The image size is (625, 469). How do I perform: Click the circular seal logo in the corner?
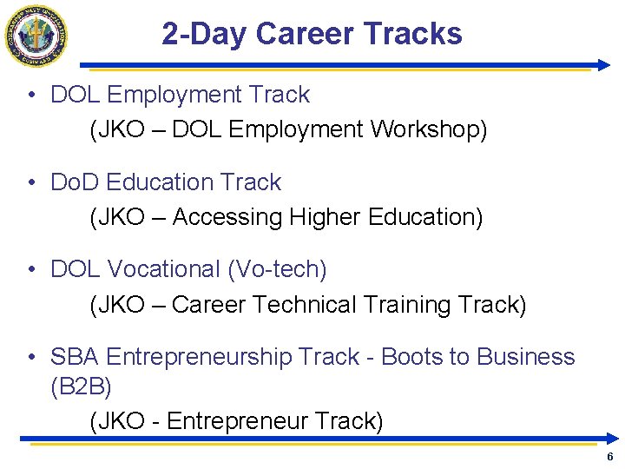click(x=36, y=36)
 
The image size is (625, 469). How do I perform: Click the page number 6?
click(x=610, y=457)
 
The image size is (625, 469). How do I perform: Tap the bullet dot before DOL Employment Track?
click(x=30, y=95)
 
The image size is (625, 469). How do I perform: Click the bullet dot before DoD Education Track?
click(x=30, y=182)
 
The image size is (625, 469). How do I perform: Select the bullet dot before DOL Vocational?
click(x=30, y=270)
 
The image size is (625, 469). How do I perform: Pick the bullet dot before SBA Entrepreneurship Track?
click(x=30, y=357)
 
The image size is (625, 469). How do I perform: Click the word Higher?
click(x=326, y=217)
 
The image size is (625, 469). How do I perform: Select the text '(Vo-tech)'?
click(x=277, y=270)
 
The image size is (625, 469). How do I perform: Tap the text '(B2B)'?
click(x=81, y=386)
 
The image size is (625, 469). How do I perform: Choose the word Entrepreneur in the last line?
click(x=237, y=421)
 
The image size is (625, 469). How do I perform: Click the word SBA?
click(x=75, y=357)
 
